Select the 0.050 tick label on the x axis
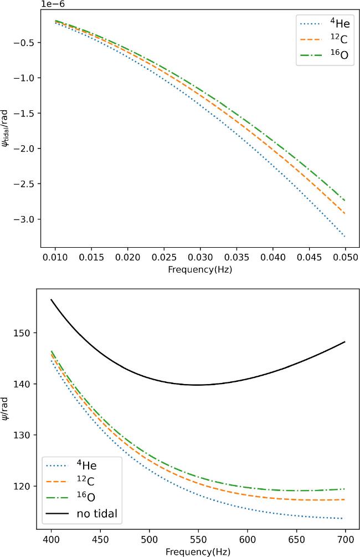point(345,258)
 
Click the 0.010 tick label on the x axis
point(55,258)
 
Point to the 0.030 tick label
point(200,258)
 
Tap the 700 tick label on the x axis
point(346,539)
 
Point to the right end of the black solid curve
point(345,342)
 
